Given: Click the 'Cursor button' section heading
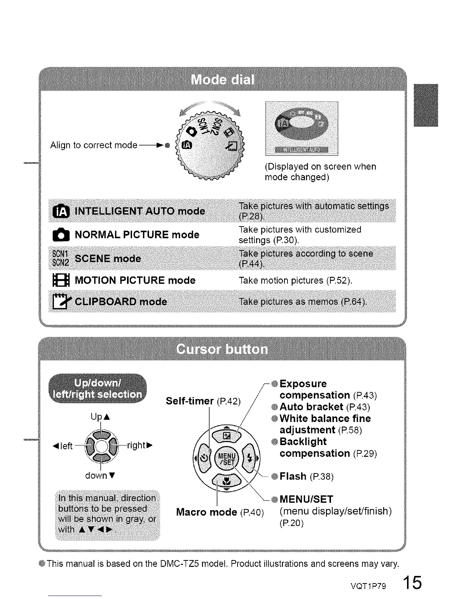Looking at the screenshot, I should (x=222, y=349).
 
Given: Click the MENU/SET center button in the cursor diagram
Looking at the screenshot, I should (x=226, y=459).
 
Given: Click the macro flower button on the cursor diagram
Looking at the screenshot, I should (x=226, y=481).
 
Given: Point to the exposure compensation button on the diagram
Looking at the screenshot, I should (x=226, y=436).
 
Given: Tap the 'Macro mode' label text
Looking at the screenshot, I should (x=207, y=512).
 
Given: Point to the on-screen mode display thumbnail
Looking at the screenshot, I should (x=301, y=128).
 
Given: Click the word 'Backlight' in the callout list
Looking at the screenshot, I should (x=303, y=442).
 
